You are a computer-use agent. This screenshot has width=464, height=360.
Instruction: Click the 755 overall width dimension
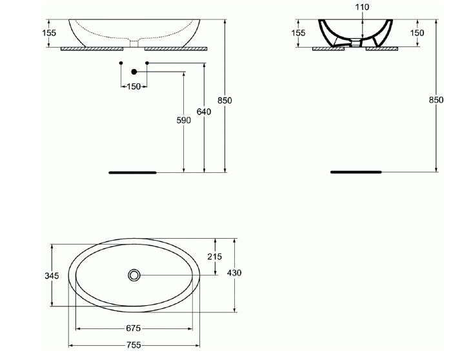tap(134, 345)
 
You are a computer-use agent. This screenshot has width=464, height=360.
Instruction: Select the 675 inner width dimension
tap(134, 328)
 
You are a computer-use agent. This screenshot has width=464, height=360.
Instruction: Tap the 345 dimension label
tap(52, 275)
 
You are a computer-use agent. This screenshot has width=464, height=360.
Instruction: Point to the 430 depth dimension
tap(234, 273)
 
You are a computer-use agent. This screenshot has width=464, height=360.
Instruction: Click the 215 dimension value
tap(214, 257)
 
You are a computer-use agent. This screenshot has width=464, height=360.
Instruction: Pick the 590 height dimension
tap(184, 120)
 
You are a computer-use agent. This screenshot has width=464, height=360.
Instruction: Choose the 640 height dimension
tap(204, 112)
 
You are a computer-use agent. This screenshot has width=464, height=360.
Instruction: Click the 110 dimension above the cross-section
tap(362, 7)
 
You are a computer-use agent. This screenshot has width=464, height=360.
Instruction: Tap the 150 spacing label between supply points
tap(134, 86)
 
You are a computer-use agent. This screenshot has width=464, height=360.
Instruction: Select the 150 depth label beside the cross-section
tap(417, 32)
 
